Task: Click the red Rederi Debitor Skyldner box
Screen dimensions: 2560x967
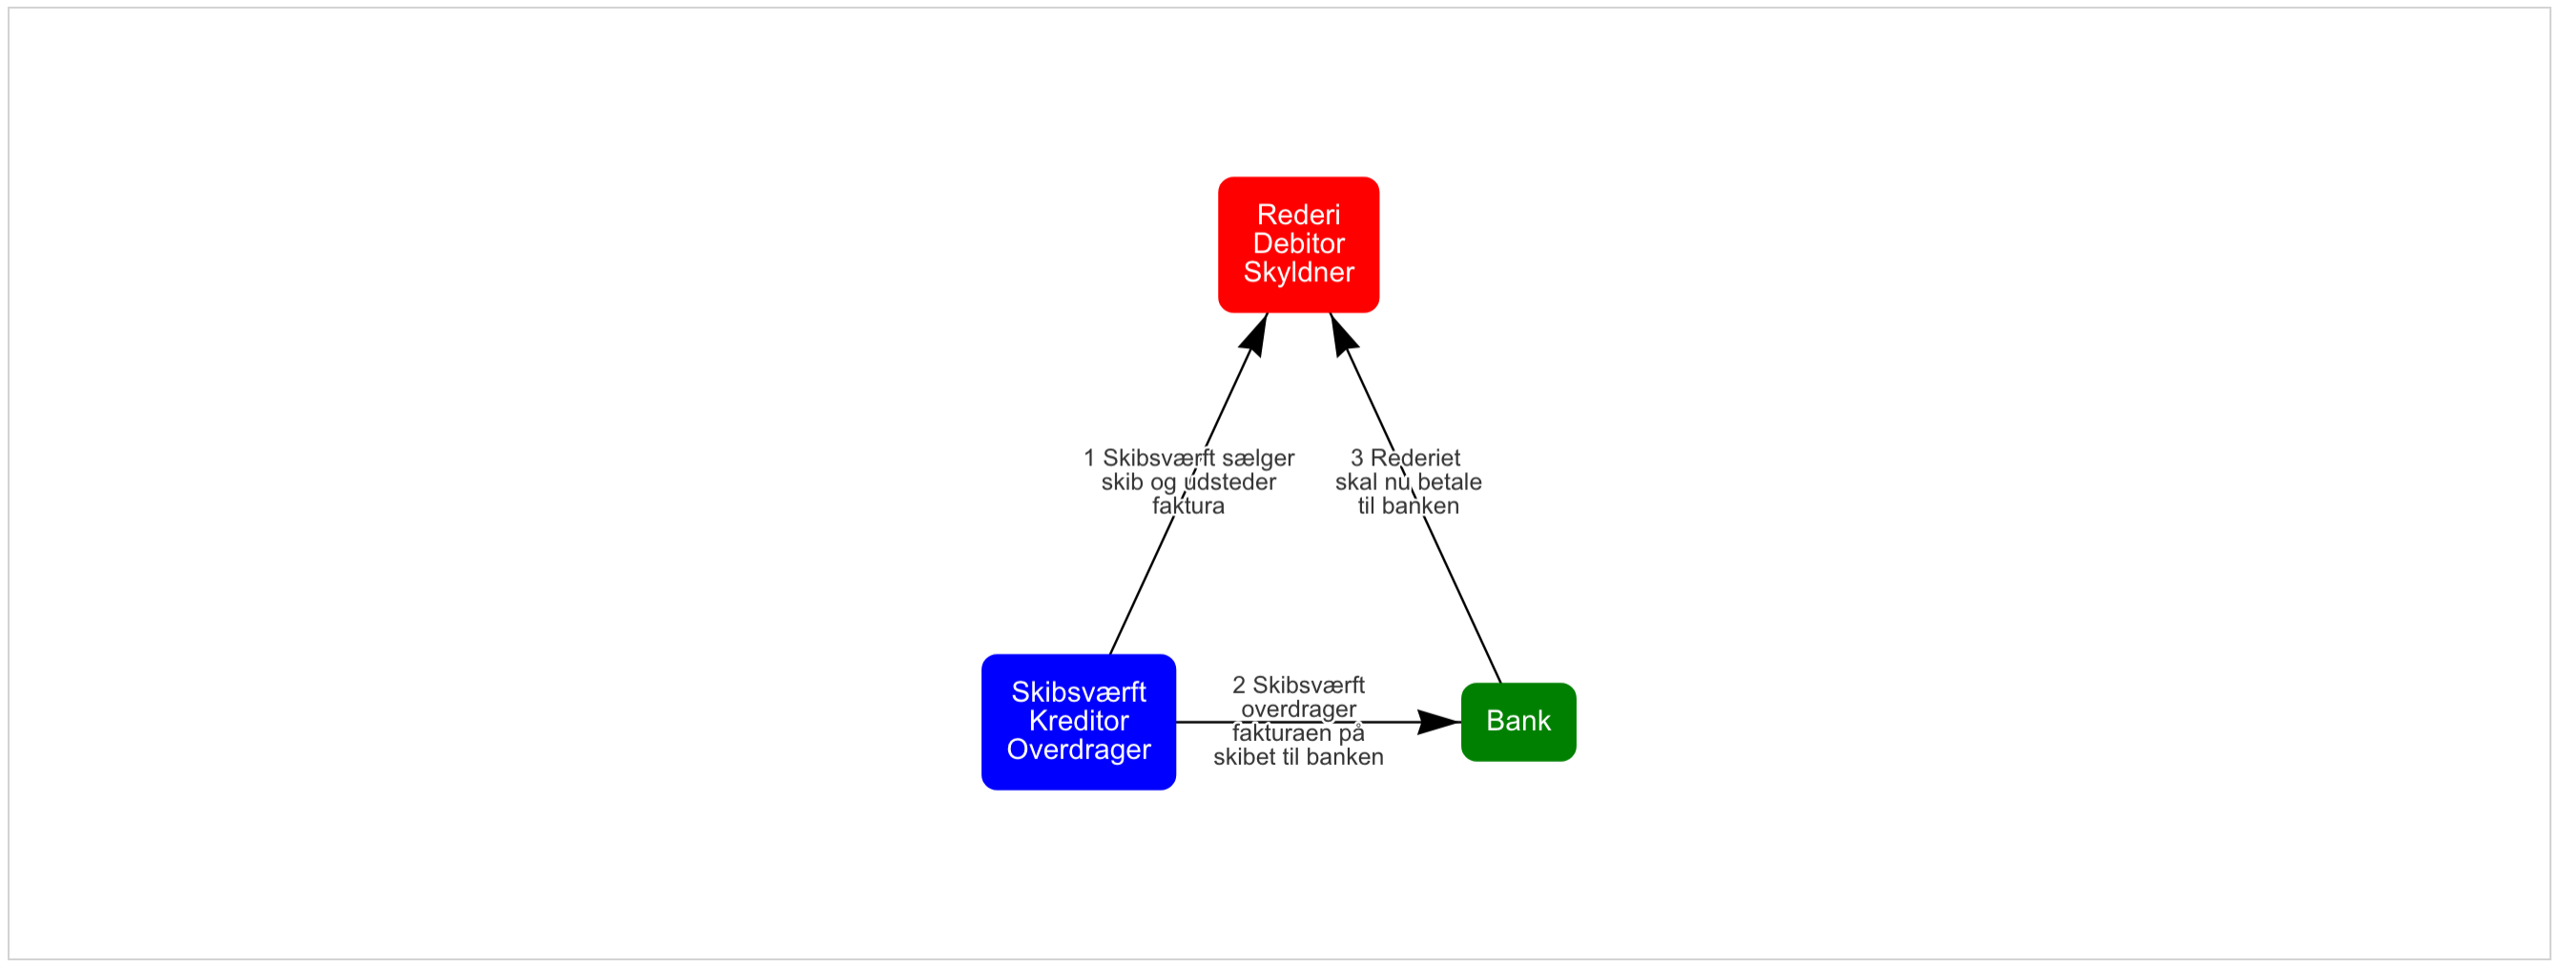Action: coord(1298,244)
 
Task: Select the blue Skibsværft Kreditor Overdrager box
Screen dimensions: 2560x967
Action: coord(1078,722)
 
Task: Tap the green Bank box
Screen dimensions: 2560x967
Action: coord(1517,722)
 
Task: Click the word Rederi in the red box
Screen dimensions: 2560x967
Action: coord(1298,215)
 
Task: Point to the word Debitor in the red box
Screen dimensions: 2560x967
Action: coord(1298,243)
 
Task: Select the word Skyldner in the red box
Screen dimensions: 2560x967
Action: coord(1298,273)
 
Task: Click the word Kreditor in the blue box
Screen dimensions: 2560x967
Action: coord(1078,721)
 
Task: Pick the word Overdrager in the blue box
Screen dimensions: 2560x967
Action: coord(1078,750)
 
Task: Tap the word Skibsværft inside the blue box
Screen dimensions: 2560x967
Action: coord(1078,691)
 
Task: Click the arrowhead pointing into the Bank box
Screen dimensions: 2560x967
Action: coord(1440,722)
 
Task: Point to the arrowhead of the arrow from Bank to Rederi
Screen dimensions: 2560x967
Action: coord(1342,335)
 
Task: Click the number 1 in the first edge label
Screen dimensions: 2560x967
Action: coord(1089,458)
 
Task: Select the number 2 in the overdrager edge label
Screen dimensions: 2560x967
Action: coord(1238,685)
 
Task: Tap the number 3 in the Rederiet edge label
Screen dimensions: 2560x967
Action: coord(1356,458)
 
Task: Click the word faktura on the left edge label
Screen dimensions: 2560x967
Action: coord(1187,505)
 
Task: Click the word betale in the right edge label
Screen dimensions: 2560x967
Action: coord(1450,482)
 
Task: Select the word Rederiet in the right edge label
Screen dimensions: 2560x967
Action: coord(1415,458)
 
